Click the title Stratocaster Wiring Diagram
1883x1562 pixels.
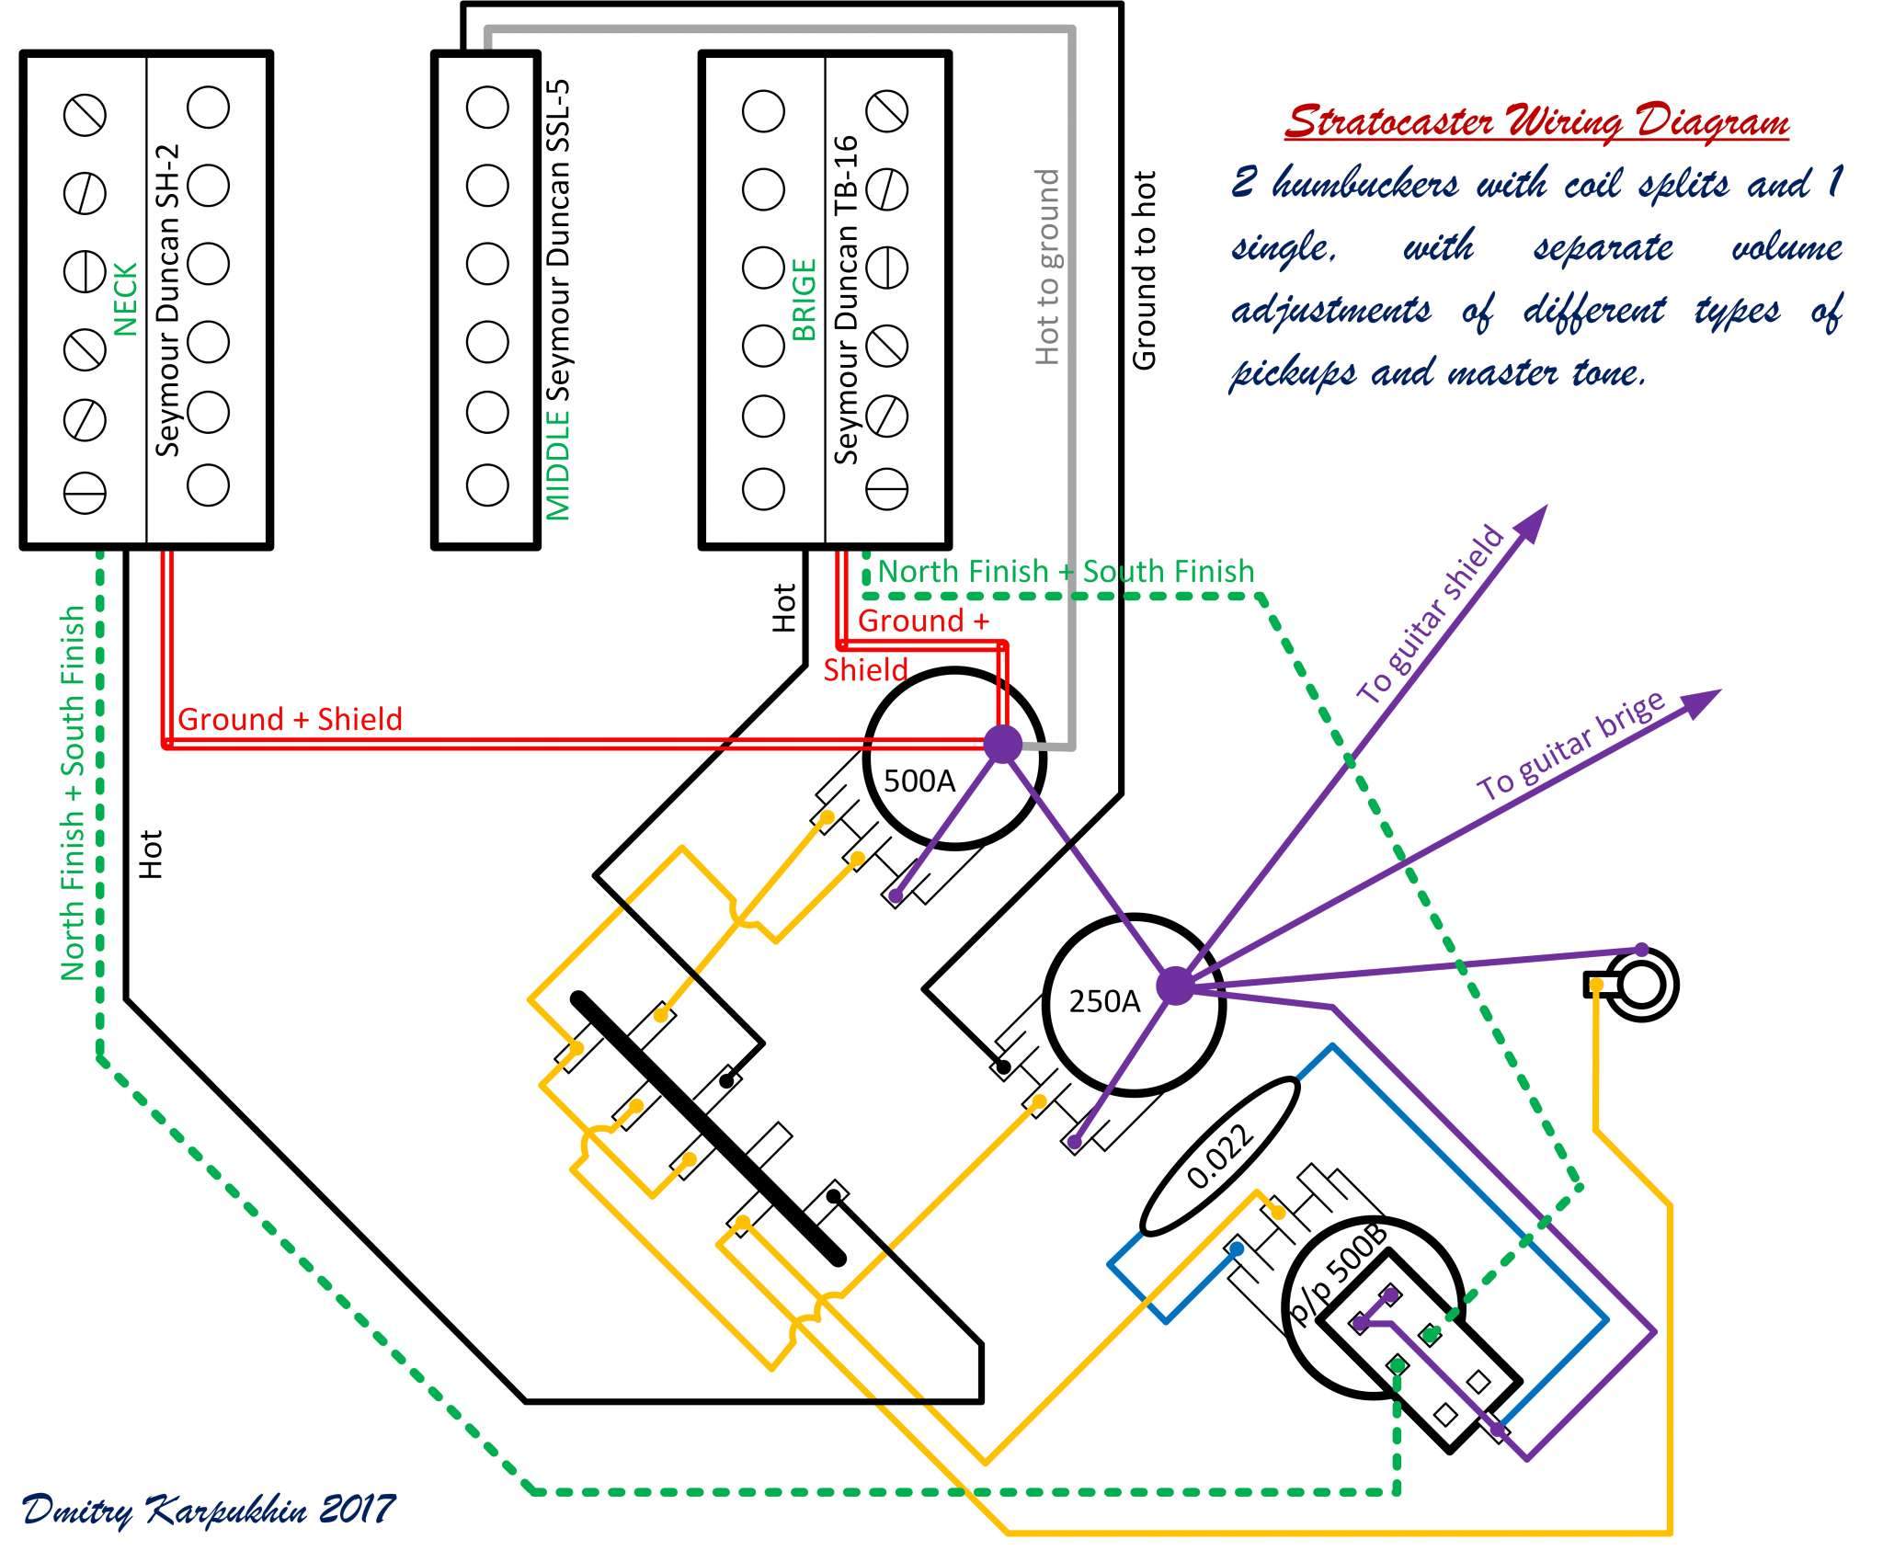[1535, 122]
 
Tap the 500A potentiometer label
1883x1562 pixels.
[919, 781]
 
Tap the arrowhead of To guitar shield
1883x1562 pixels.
[1532, 522]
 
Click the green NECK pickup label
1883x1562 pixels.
[125, 299]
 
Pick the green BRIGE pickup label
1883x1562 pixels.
[804, 300]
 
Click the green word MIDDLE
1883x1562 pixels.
[558, 463]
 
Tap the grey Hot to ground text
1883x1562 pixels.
[1047, 267]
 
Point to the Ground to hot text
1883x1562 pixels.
[1144, 270]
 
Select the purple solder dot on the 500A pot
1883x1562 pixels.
[1002, 744]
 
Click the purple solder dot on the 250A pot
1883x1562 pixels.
[1174, 986]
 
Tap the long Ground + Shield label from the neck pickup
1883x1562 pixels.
[290, 719]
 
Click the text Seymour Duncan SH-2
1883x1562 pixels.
[167, 299]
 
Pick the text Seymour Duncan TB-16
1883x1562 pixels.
[846, 300]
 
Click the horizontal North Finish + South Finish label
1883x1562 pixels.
[1066, 571]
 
